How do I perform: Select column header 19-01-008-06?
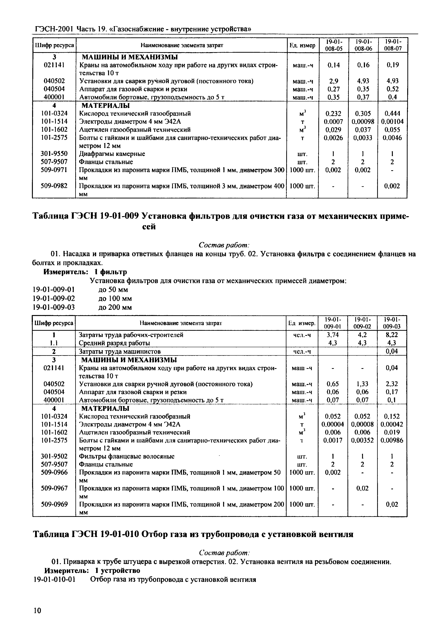(363, 45)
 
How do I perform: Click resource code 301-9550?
(54, 154)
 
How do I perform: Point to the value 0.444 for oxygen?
(392, 114)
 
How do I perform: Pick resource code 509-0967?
(54, 488)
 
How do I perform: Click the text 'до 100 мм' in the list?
(115, 299)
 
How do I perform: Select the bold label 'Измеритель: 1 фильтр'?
(85, 272)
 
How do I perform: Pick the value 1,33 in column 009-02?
(363, 384)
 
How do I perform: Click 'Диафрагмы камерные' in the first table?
(112, 154)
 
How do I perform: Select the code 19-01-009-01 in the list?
(54, 290)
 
